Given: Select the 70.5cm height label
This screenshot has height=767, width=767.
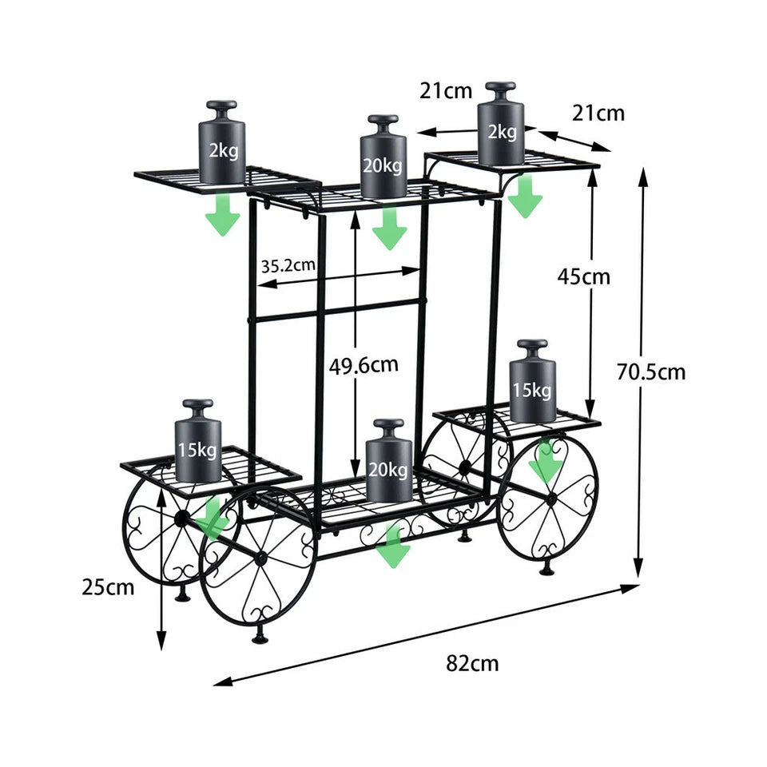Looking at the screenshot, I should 651,372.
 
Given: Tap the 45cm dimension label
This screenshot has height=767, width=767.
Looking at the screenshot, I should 583,276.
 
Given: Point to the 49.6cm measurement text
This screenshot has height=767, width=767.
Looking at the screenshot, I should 364,366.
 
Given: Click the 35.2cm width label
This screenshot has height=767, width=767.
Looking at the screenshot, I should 288,265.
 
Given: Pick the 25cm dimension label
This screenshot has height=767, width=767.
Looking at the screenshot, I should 108,588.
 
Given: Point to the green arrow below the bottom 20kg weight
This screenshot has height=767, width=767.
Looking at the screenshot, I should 392,548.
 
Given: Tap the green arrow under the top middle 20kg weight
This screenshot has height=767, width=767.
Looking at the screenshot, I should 389,229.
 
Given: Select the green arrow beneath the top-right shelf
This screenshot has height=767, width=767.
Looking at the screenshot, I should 525,197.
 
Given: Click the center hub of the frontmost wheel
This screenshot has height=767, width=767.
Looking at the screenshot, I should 260,557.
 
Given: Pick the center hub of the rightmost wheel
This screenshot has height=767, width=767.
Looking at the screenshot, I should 549,498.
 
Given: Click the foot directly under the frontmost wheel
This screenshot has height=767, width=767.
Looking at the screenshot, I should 260,637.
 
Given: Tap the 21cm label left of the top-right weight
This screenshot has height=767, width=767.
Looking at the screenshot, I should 446,91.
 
